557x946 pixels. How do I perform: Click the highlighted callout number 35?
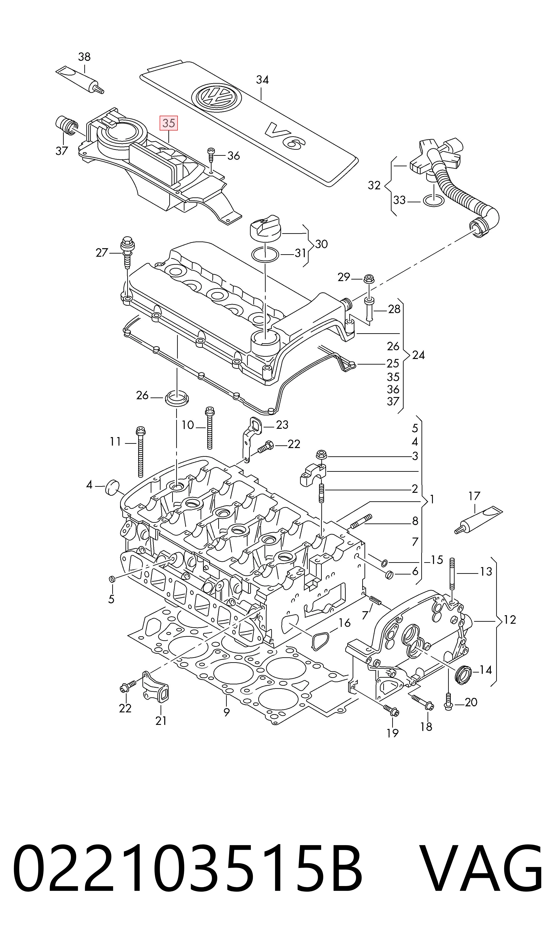(x=169, y=123)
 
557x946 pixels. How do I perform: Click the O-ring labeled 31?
(x=265, y=255)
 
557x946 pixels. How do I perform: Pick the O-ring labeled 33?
(x=434, y=201)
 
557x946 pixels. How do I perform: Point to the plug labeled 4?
(x=112, y=487)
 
